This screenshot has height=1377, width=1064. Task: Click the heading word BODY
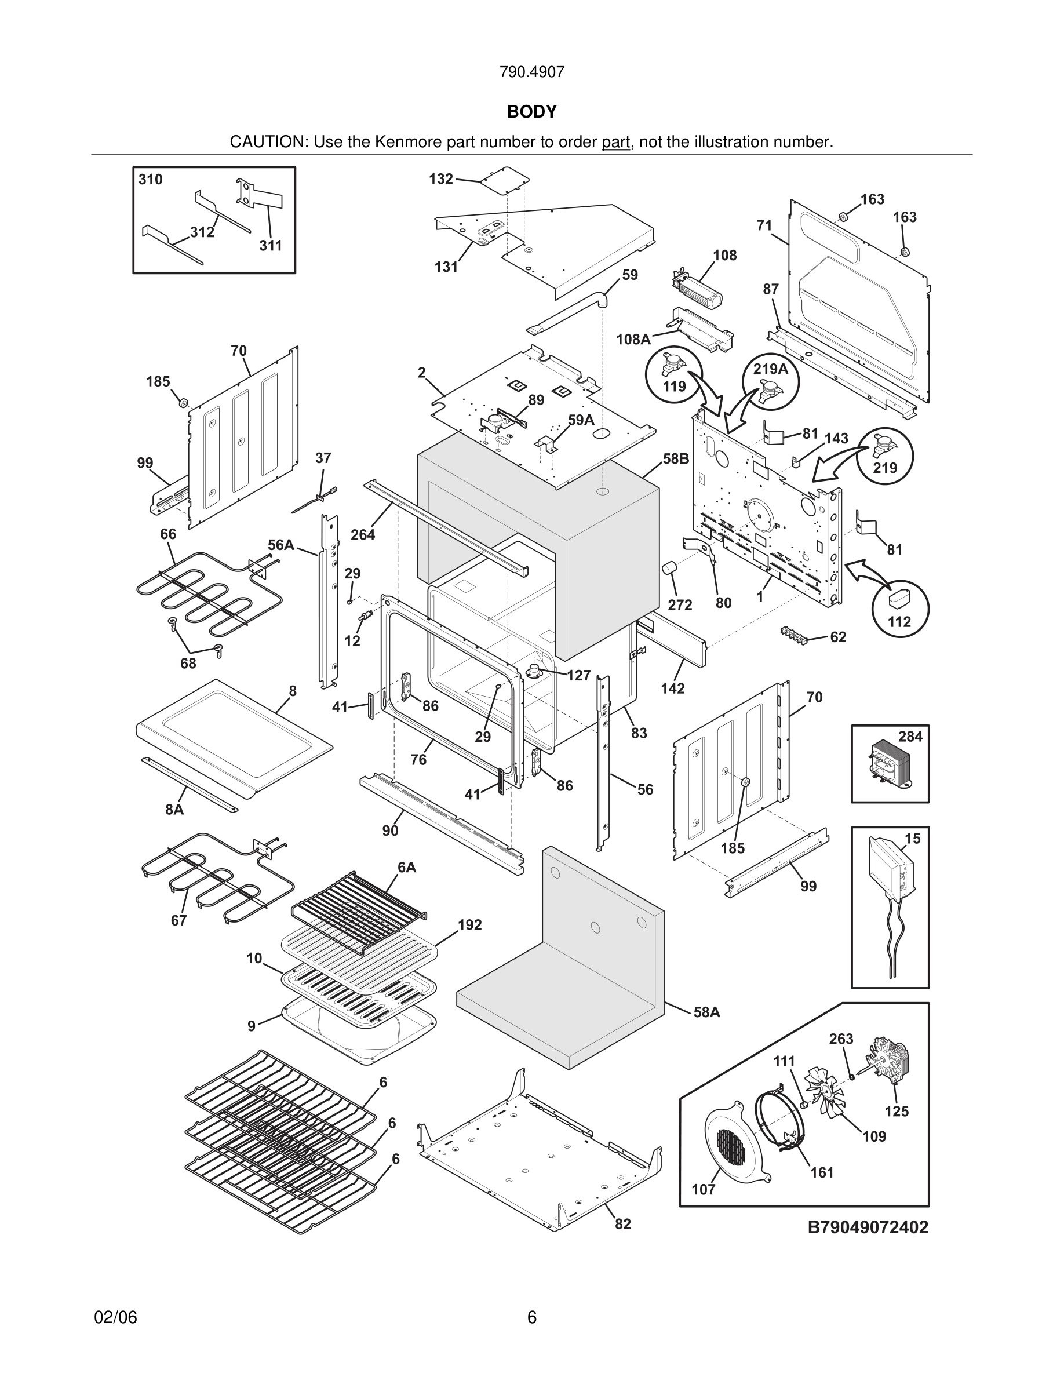point(531,112)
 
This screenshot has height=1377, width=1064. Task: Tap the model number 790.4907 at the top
point(531,72)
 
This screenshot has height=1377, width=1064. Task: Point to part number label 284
point(910,737)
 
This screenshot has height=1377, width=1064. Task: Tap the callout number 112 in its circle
point(899,622)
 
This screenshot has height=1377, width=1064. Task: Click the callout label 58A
point(706,1012)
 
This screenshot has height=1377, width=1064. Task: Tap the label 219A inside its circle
point(770,369)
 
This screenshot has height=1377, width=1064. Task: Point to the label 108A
point(633,340)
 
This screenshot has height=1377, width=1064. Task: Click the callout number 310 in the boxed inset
point(151,180)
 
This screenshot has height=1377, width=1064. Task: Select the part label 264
point(362,535)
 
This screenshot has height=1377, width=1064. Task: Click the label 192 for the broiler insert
point(469,924)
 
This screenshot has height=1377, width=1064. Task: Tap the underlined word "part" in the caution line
point(616,142)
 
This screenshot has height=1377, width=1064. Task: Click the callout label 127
point(578,676)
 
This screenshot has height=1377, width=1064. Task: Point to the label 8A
point(174,810)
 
